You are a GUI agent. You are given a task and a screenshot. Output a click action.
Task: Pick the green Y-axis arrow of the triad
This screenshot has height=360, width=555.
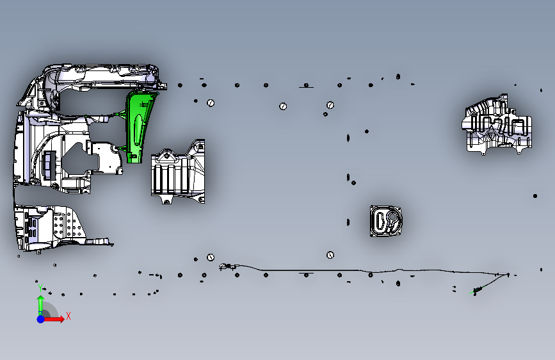pos(40,304)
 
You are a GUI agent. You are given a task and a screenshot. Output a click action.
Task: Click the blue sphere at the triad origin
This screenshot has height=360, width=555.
pos(40,318)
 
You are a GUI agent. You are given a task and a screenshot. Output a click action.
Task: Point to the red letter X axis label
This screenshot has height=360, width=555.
pos(68,316)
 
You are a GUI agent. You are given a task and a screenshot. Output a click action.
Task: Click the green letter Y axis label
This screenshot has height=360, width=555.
pos(38,286)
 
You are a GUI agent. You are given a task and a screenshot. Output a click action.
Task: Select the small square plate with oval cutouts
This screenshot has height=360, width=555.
pos(386,221)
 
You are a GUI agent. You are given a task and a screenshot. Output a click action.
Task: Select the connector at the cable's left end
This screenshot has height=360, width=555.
pos(225,266)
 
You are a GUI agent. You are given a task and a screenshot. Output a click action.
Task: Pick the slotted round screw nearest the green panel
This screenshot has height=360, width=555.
pos(210,102)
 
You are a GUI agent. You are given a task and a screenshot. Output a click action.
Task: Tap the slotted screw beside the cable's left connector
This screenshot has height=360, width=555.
pos(210,258)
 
